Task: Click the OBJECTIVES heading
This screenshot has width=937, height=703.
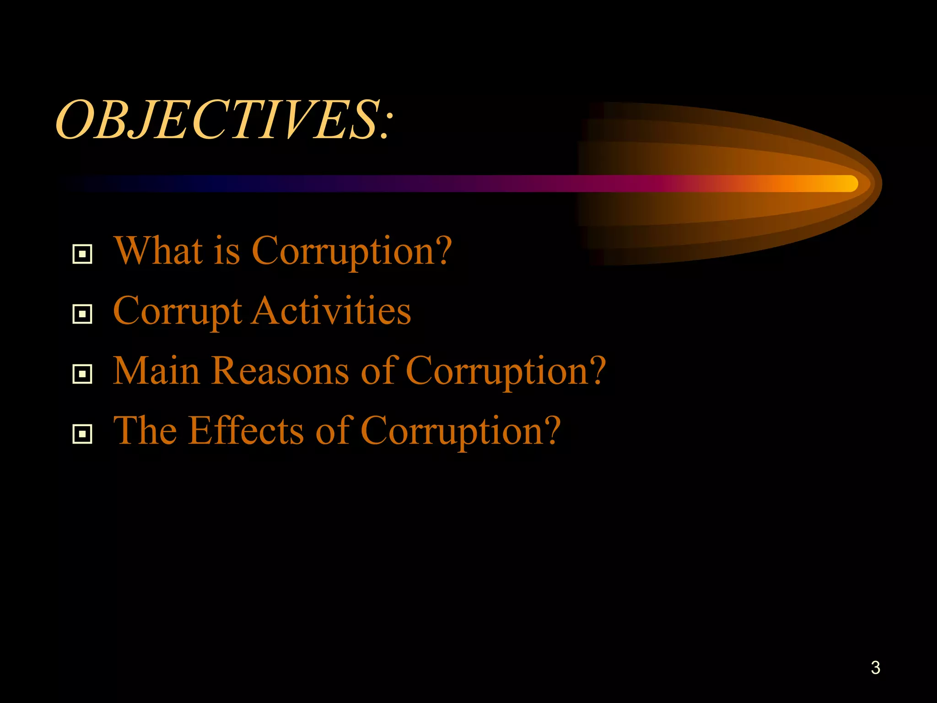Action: point(224,120)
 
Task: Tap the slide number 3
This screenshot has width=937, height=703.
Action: point(875,668)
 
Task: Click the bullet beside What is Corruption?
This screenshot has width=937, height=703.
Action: point(82,254)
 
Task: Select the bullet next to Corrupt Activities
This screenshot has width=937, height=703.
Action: point(82,314)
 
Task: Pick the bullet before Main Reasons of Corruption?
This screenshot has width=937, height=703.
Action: point(82,374)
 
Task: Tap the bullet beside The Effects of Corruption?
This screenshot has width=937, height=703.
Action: point(82,434)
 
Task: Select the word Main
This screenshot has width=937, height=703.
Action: point(156,371)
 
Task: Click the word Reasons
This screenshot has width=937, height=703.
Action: point(280,371)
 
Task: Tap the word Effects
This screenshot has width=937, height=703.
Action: point(246,431)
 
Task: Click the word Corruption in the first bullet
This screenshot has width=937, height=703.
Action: point(351,252)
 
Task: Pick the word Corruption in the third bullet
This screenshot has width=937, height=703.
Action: point(506,372)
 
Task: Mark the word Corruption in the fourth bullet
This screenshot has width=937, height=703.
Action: point(460,432)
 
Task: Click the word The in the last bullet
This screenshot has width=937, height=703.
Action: point(145,431)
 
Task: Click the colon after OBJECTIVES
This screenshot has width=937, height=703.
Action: point(387,126)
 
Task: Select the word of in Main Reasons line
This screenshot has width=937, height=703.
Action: point(377,371)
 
